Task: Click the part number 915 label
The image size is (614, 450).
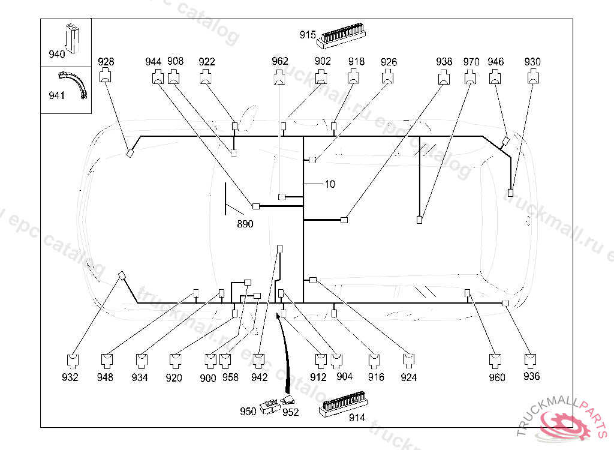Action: point(308,35)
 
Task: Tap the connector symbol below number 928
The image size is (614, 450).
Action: point(106,76)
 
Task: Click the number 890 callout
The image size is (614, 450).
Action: point(245,224)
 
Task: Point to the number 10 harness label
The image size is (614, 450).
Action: point(330,184)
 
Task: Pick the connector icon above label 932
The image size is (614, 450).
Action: point(71,361)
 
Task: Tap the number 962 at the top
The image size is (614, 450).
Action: point(280,61)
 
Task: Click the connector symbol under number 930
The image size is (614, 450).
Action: point(532,76)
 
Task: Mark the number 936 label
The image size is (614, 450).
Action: point(531,376)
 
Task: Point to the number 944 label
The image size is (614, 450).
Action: point(153,61)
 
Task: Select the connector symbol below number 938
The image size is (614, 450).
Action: point(444,76)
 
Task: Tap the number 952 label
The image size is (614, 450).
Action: point(290,412)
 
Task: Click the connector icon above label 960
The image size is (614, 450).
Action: point(496,361)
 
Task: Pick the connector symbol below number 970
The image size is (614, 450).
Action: point(471,76)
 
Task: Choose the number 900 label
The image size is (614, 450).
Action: point(208,377)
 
